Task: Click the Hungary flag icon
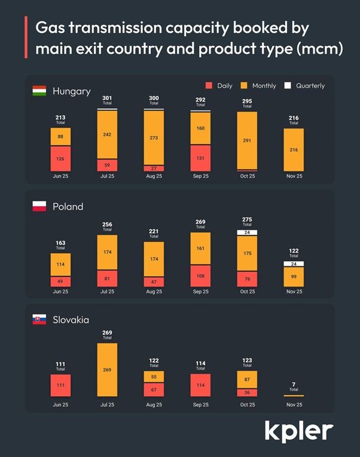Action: tap(39, 91)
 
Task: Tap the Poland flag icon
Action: tap(39, 206)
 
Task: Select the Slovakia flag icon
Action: tap(39, 320)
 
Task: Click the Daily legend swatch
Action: tap(209, 86)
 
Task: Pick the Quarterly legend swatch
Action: tap(287, 86)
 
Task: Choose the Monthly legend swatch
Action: tap(243, 86)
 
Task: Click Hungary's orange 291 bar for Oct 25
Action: tap(248, 140)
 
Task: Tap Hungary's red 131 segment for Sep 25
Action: tap(201, 158)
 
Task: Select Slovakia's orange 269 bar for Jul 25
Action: tap(107, 370)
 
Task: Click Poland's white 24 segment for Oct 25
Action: tap(248, 232)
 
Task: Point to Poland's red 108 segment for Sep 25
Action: tap(201, 277)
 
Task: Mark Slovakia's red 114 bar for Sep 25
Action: tap(201, 385)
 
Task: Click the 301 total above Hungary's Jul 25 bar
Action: tap(107, 98)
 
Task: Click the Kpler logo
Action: tap(299, 430)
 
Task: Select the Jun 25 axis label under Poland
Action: tap(60, 292)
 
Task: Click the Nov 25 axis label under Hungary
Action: tap(294, 176)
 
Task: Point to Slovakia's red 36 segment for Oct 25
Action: tap(248, 392)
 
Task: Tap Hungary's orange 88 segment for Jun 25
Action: tap(60, 137)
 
